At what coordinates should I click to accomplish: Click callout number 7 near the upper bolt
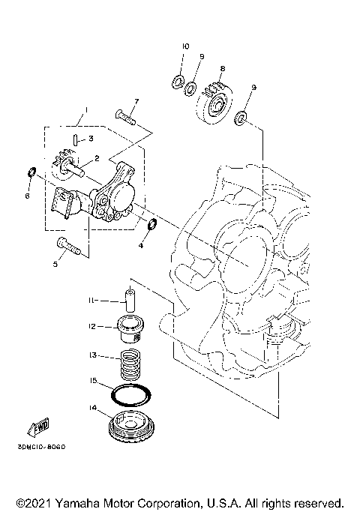point(136,101)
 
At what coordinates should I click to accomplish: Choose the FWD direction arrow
point(37,427)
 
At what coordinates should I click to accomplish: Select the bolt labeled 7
point(124,115)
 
